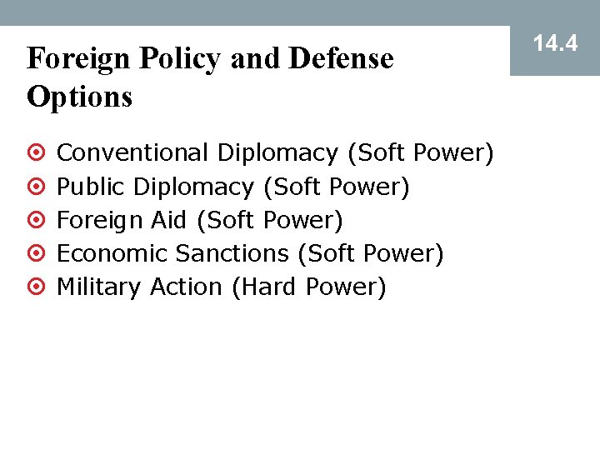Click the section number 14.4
click(555, 42)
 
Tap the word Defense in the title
click(341, 59)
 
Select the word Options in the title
click(80, 97)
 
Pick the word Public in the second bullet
click(91, 187)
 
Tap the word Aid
click(169, 220)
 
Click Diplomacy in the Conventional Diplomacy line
click(277, 153)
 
